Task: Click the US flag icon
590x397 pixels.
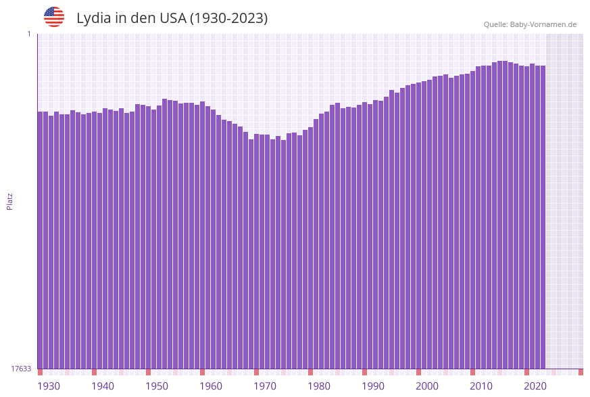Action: (x=54, y=17)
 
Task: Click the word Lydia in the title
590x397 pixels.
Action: (x=94, y=18)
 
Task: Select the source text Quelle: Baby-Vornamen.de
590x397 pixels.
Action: (x=530, y=24)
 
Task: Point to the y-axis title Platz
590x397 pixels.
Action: (x=9, y=201)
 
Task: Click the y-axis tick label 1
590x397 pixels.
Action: (x=28, y=34)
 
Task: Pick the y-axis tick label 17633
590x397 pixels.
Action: (x=21, y=369)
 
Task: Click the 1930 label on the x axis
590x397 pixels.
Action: (x=49, y=386)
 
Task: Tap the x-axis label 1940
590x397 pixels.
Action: (x=103, y=386)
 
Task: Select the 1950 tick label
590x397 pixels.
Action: (x=157, y=386)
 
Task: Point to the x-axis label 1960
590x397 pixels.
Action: (x=211, y=386)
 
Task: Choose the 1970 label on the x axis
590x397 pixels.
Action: (x=265, y=386)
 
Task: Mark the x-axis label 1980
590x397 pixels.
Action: (x=319, y=386)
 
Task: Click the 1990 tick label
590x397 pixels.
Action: (x=373, y=386)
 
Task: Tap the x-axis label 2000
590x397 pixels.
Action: (x=427, y=386)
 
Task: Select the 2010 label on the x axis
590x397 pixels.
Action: (x=481, y=386)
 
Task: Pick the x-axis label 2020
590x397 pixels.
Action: (x=535, y=386)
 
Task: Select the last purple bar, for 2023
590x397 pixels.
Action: (x=543, y=216)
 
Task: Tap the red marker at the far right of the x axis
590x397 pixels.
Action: (x=581, y=372)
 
